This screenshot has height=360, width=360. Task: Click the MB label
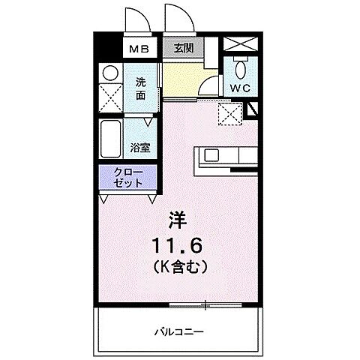(139, 49)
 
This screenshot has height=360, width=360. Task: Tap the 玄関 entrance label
(182, 49)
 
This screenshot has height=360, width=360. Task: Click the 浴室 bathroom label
(140, 147)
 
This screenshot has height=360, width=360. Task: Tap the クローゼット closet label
(127, 178)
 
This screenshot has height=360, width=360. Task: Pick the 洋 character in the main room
(178, 220)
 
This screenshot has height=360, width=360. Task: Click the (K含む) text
(178, 265)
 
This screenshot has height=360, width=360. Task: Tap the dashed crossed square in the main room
(227, 113)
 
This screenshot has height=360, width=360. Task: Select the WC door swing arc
(213, 88)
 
